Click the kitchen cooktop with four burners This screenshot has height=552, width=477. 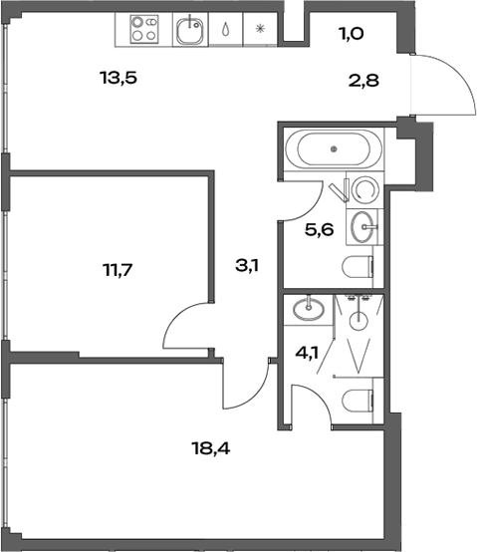(x=145, y=30)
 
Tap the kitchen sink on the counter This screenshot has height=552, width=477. (x=188, y=31)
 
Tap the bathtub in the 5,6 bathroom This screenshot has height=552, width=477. (x=333, y=150)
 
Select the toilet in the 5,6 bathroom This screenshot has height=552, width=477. (x=360, y=267)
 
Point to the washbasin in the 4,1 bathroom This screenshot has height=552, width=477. (x=309, y=308)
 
